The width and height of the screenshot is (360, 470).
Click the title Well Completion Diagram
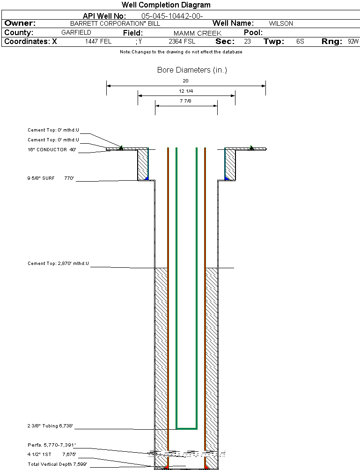(166, 5)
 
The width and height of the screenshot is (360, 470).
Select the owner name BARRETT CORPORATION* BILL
(115, 23)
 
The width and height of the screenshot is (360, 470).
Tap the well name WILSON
(281, 23)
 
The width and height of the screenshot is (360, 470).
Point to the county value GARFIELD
(76, 33)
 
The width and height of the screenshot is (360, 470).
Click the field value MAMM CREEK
(198, 33)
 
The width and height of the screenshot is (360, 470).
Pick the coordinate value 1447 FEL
(98, 42)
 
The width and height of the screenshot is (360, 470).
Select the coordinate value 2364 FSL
(182, 42)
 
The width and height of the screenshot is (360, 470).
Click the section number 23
(247, 42)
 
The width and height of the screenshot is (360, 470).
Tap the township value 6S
(300, 42)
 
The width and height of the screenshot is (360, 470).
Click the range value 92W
(353, 42)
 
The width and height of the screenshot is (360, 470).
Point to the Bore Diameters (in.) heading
(192, 70)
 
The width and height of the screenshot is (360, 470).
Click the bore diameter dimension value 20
(185, 81)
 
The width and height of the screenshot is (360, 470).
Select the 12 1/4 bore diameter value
(186, 91)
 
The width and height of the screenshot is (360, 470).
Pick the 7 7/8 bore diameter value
(186, 101)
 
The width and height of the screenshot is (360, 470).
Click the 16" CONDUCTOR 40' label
(52, 150)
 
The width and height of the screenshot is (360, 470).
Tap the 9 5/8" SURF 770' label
(51, 178)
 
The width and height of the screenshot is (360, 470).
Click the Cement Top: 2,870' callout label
(58, 264)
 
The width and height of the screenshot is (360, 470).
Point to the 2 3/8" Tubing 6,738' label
(50, 426)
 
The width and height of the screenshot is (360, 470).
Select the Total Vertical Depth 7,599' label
(57, 464)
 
